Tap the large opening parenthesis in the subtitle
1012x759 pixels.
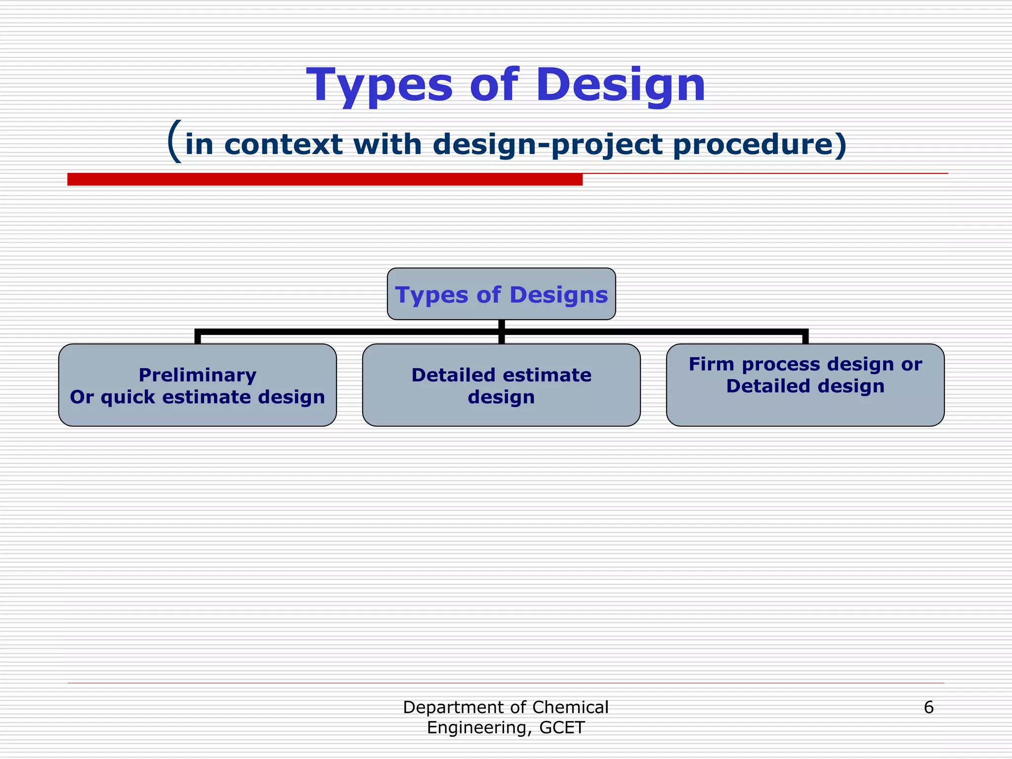point(174,142)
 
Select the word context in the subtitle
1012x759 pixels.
point(283,145)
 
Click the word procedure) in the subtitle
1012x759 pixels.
point(759,145)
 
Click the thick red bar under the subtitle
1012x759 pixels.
point(325,179)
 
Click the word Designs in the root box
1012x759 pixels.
point(558,295)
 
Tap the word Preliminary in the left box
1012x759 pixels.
point(197,375)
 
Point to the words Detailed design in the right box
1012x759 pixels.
point(805,386)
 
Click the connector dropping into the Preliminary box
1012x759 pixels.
point(198,337)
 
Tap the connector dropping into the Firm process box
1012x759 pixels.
point(805,337)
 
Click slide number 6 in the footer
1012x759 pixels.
point(928,708)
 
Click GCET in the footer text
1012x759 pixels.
point(562,728)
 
